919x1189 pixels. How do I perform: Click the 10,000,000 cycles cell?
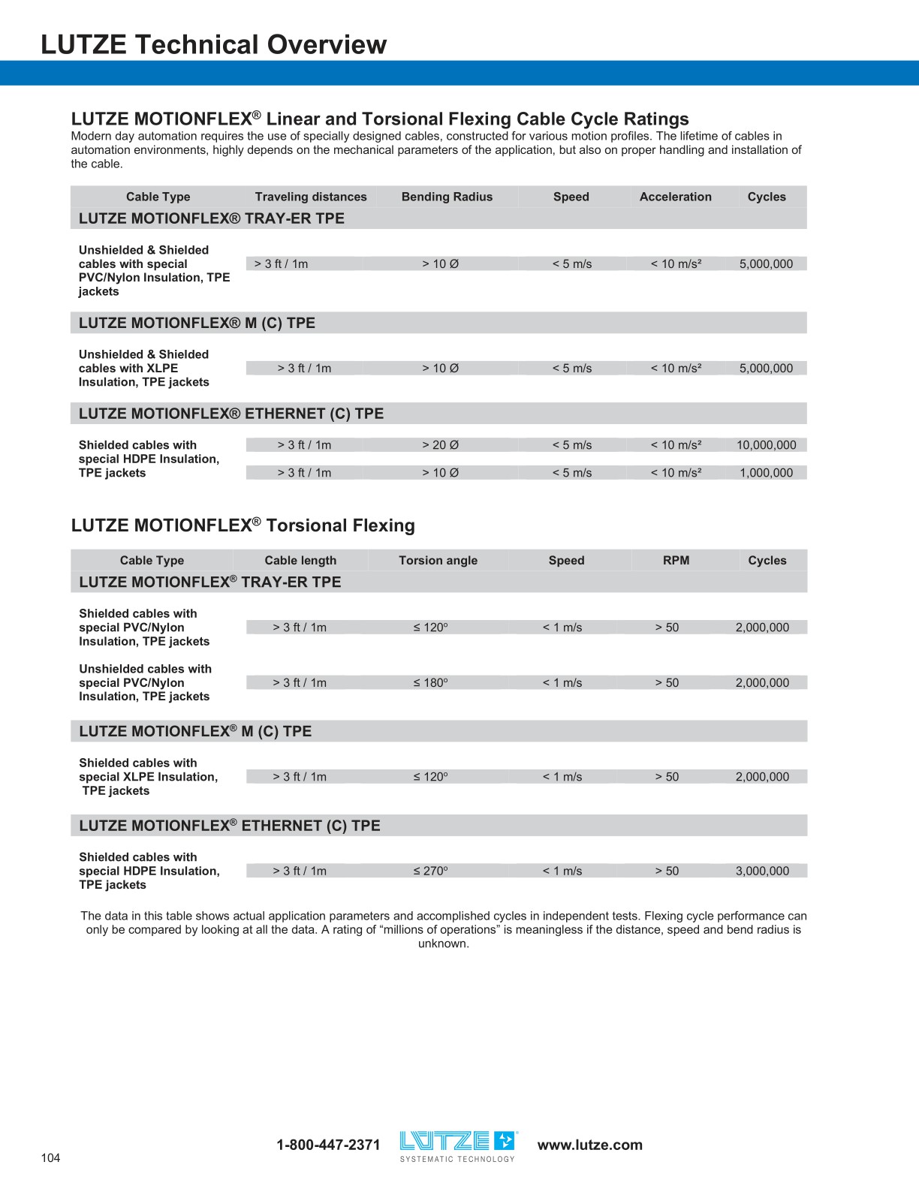pyautogui.click(x=766, y=445)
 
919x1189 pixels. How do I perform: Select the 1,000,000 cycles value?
pyautogui.click(x=766, y=473)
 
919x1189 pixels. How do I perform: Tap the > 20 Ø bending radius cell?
pyautogui.click(x=440, y=445)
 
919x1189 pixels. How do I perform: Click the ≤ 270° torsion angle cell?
pyautogui.click(x=430, y=871)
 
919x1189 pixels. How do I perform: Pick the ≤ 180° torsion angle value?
pyautogui.click(x=430, y=682)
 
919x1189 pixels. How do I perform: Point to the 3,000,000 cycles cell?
pyautogui.click(x=762, y=871)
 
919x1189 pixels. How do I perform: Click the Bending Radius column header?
pyautogui.click(x=447, y=197)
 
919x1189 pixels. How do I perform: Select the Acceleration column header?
pyautogui.click(x=675, y=197)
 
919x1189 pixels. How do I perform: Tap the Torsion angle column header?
pyautogui.click(x=438, y=560)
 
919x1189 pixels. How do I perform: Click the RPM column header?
pyautogui.click(x=676, y=560)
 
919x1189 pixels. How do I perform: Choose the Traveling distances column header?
pyautogui.click(x=311, y=197)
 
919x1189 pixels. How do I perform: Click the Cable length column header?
pyautogui.click(x=300, y=560)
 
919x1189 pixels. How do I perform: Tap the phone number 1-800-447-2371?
pyautogui.click(x=328, y=1145)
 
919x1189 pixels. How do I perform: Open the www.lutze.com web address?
pyautogui.click(x=589, y=1145)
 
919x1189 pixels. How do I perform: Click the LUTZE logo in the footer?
pyautogui.click(x=458, y=1144)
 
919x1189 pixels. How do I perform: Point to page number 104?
pyautogui.click(x=50, y=1157)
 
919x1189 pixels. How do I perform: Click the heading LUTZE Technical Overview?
pyautogui.click(x=213, y=44)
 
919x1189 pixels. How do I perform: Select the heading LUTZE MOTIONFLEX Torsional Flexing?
pyautogui.click(x=243, y=525)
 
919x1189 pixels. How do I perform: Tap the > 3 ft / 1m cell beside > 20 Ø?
pyautogui.click(x=304, y=445)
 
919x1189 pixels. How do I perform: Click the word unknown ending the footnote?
pyautogui.click(x=443, y=944)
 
